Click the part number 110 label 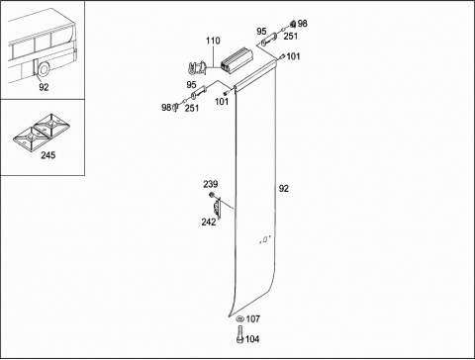pyautogui.click(x=213, y=41)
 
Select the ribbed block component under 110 pyautogui.click(x=237, y=60)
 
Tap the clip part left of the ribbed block pyautogui.click(x=197, y=68)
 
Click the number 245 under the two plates pyautogui.click(x=48, y=155)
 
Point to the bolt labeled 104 pyautogui.click(x=240, y=334)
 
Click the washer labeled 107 pyautogui.click(x=240, y=318)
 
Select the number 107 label pyautogui.click(x=253, y=318)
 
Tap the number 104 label pyautogui.click(x=252, y=339)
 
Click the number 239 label pyautogui.click(x=211, y=184)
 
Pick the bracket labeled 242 pyautogui.click(x=217, y=209)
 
